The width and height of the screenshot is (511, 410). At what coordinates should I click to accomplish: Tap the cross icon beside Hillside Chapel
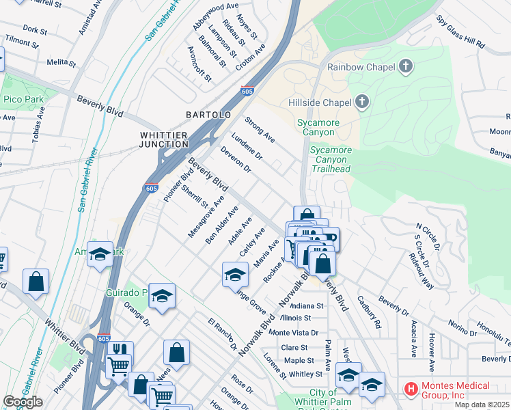362,103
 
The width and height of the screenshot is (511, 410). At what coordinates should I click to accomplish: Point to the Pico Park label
24,100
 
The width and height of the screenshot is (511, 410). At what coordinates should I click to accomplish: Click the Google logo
23,402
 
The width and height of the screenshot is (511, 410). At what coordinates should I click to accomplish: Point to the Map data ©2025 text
481,405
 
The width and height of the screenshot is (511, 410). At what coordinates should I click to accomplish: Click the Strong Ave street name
260,130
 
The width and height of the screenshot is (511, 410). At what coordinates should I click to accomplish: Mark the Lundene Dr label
247,146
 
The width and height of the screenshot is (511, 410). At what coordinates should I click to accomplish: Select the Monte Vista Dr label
294,332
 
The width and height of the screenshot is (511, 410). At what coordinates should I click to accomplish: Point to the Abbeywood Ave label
215,16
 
